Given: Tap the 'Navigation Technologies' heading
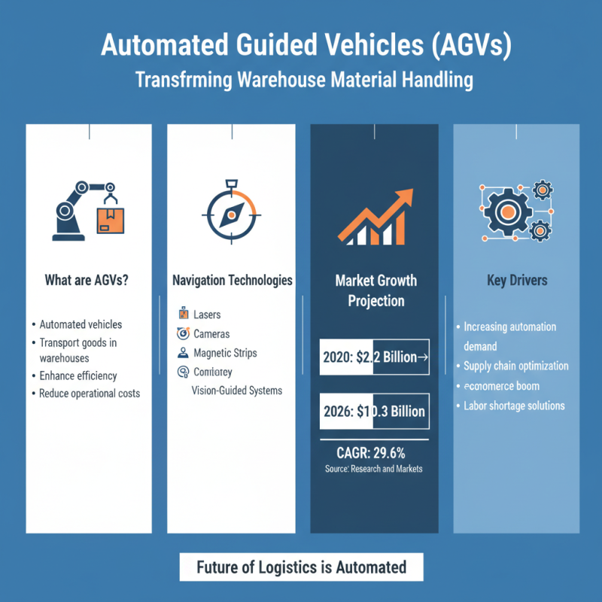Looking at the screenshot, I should [x=232, y=281].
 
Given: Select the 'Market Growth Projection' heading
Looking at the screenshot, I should [x=375, y=290].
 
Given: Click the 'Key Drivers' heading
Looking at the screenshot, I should [x=516, y=281].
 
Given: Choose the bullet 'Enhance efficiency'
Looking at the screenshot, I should [x=78, y=375].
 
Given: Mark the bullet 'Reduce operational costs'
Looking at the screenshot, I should [x=90, y=394].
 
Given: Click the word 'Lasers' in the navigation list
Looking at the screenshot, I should [x=207, y=315].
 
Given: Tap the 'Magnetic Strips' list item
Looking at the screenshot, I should [x=224, y=352].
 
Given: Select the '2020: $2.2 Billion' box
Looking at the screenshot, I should [x=375, y=357].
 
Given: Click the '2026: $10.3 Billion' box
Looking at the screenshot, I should [x=375, y=411].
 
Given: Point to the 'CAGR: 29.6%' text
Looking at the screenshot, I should [x=374, y=453].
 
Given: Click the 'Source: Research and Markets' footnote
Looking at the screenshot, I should [x=374, y=469].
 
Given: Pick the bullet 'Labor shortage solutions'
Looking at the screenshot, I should [x=514, y=406].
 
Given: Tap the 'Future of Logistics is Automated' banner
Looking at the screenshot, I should [x=301, y=567].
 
